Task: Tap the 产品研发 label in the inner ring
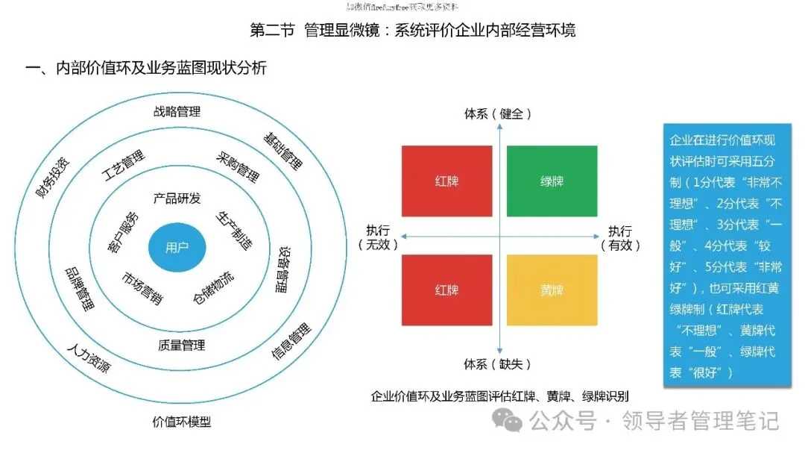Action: pos(177,199)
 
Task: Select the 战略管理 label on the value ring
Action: pos(177,112)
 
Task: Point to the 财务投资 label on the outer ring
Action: pos(54,176)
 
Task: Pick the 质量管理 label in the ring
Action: pos(181,346)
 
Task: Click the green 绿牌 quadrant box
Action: pos(552,181)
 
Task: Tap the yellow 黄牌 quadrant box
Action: pos(552,290)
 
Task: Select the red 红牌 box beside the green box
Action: pos(446,181)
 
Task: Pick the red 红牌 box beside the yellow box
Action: pos(446,290)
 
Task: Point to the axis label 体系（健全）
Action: pos(498,114)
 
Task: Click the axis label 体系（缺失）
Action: pos(498,364)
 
